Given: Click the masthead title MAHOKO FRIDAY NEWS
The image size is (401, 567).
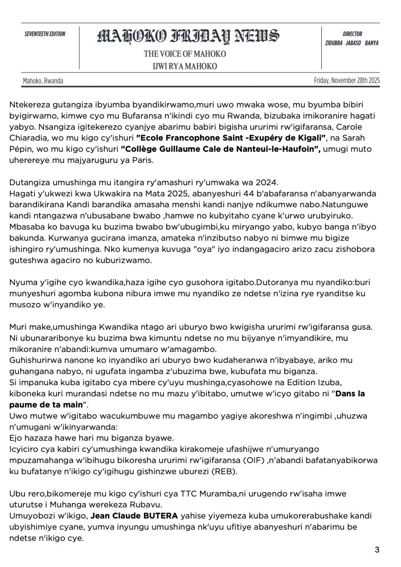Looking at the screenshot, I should pos(188,37).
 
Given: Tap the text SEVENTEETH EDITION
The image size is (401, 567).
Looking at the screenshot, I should pos(45,34).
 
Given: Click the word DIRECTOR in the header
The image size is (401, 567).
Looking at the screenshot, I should pos(352,34).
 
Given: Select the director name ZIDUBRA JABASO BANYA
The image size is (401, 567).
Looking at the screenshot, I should pos(352,43).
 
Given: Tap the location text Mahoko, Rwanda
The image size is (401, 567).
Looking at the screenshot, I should pos(43,81).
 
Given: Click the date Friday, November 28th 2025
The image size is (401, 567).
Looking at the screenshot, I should pos(347,80).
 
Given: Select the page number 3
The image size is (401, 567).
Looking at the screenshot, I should pos(377,550).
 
